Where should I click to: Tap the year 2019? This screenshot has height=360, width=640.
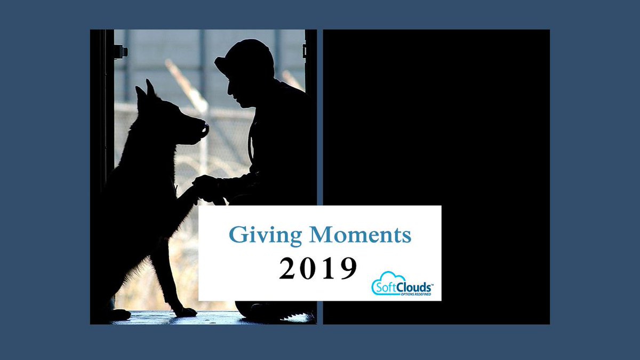[318, 268]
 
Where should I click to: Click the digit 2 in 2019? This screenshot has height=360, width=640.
[288, 268]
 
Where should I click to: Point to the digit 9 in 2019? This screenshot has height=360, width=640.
[348, 268]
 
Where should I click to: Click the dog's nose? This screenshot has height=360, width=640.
[204, 129]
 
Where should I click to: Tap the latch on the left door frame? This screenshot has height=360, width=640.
[120, 52]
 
